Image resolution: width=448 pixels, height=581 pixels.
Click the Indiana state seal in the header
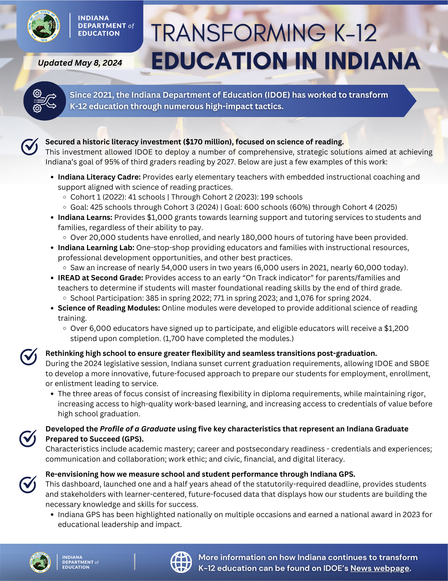coord(44,26)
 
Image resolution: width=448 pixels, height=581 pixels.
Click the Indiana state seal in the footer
coord(40,562)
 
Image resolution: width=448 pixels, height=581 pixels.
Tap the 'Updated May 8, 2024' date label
coord(80,63)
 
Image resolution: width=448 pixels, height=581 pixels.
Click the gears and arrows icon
coord(45,101)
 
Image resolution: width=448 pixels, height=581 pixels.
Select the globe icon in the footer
coord(181,562)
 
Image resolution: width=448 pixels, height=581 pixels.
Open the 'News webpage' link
coord(380,568)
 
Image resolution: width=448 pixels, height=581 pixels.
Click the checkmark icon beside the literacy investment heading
coord(29,146)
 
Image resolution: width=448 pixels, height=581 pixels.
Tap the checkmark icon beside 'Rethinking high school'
coord(29,357)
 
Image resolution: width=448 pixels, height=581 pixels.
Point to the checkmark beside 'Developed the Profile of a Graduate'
coord(28,438)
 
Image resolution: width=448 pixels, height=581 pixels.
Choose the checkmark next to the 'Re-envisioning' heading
coord(28,484)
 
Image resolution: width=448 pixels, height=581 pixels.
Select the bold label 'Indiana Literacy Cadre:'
coord(99,177)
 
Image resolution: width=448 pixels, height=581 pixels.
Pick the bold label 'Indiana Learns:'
coord(85,218)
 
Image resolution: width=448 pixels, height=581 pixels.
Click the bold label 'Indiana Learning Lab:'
coord(96,248)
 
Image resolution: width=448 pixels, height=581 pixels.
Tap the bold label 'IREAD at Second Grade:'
coord(100,278)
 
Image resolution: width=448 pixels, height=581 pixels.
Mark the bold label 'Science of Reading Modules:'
coord(109,308)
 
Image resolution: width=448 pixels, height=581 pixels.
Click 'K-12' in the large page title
coord(355,33)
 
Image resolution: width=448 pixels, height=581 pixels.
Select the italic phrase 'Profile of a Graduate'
coord(137,429)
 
